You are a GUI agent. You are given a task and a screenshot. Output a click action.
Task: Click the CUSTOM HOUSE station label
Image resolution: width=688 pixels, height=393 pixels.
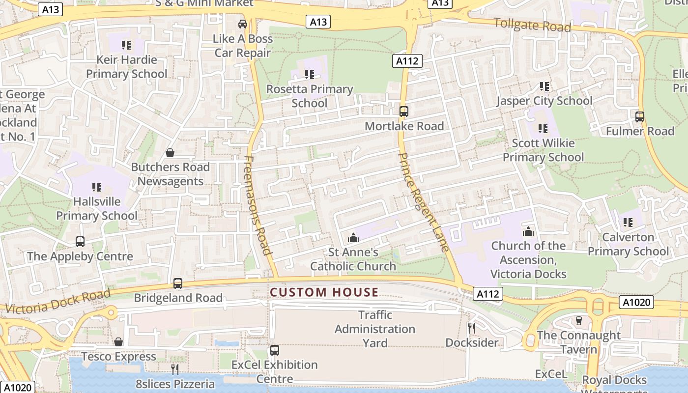[x=324, y=293]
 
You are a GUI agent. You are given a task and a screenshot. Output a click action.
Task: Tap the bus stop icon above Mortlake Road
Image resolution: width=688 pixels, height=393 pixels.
[x=403, y=112]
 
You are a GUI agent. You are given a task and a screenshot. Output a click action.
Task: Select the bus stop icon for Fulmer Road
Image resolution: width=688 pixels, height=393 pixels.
[x=639, y=117]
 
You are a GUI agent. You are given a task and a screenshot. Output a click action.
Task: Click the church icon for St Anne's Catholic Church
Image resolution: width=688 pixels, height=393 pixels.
[x=353, y=238]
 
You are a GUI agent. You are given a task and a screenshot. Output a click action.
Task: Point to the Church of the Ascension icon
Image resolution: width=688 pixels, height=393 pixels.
[x=528, y=231]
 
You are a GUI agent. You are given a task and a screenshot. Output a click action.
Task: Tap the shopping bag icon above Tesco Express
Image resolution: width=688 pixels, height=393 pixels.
[x=118, y=342]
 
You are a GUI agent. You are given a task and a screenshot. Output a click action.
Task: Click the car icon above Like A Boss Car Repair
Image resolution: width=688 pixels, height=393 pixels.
[x=242, y=24]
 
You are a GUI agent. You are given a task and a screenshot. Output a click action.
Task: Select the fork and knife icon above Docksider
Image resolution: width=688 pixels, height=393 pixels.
[x=472, y=328]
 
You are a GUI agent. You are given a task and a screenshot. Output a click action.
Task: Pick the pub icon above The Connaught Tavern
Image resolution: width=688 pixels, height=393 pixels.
[x=579, y=321]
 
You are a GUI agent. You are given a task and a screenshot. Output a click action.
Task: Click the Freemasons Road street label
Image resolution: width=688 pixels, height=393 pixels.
[x=258, y=205]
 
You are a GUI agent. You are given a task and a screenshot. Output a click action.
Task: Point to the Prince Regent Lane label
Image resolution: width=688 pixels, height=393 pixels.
[x=423, y=202]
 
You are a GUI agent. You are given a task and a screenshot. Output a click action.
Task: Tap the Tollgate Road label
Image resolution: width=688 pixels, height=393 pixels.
[x=532, y=25]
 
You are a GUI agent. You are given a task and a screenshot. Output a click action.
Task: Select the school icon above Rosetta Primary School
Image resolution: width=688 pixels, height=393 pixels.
[x=309, y=75]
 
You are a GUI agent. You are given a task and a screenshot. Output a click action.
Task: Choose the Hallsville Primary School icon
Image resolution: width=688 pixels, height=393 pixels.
[x=97, y=187]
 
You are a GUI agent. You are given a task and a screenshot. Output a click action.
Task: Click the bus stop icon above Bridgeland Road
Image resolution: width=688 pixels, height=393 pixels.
[x=178, y=283]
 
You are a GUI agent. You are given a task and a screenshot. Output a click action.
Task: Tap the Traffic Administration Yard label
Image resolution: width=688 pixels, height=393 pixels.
[x=375, y=329]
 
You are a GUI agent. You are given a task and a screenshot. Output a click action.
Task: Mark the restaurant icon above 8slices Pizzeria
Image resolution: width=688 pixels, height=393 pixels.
[x=175, y=369]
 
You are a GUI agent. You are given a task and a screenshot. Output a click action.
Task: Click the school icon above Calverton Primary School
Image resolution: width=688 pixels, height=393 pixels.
[x=628, y=223]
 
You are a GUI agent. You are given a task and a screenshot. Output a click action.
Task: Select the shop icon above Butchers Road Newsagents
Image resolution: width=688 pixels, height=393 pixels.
[x=170, y=153]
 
